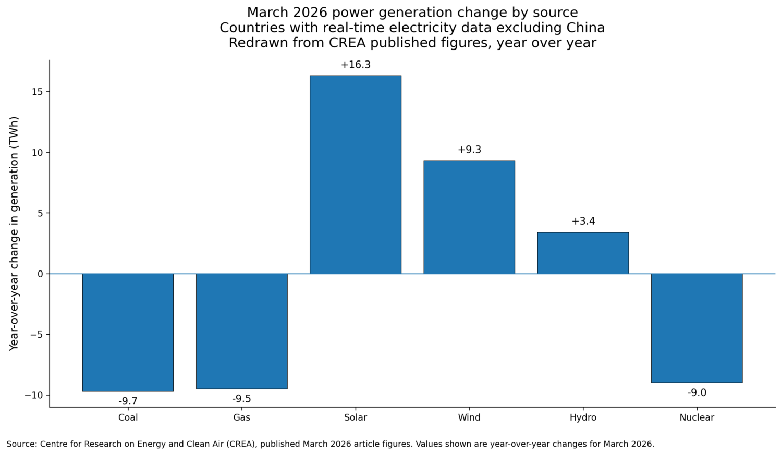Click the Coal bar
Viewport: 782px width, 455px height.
coord(128,332)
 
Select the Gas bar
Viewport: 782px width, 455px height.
coord(241,331)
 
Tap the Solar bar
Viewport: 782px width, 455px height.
coord(356,175)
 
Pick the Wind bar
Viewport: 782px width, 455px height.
coord(469,217)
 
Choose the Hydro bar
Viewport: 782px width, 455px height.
coord(583,253)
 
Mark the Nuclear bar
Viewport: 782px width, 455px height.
coord(697,328)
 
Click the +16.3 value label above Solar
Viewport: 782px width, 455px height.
coord(356,65)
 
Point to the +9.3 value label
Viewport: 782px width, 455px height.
coord(469,150)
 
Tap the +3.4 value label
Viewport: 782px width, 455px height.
coord(583,222)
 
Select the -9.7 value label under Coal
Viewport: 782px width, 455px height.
coord(128,401)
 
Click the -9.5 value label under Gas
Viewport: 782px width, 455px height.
coord(241,399)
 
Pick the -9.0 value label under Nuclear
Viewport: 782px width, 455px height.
coord(697,393)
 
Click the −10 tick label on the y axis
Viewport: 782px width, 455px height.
coord(34,395)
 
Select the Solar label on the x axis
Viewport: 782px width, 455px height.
coord(356,417)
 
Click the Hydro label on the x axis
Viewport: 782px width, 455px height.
coord(583,417)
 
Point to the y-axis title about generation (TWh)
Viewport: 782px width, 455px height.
coord(14,233)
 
